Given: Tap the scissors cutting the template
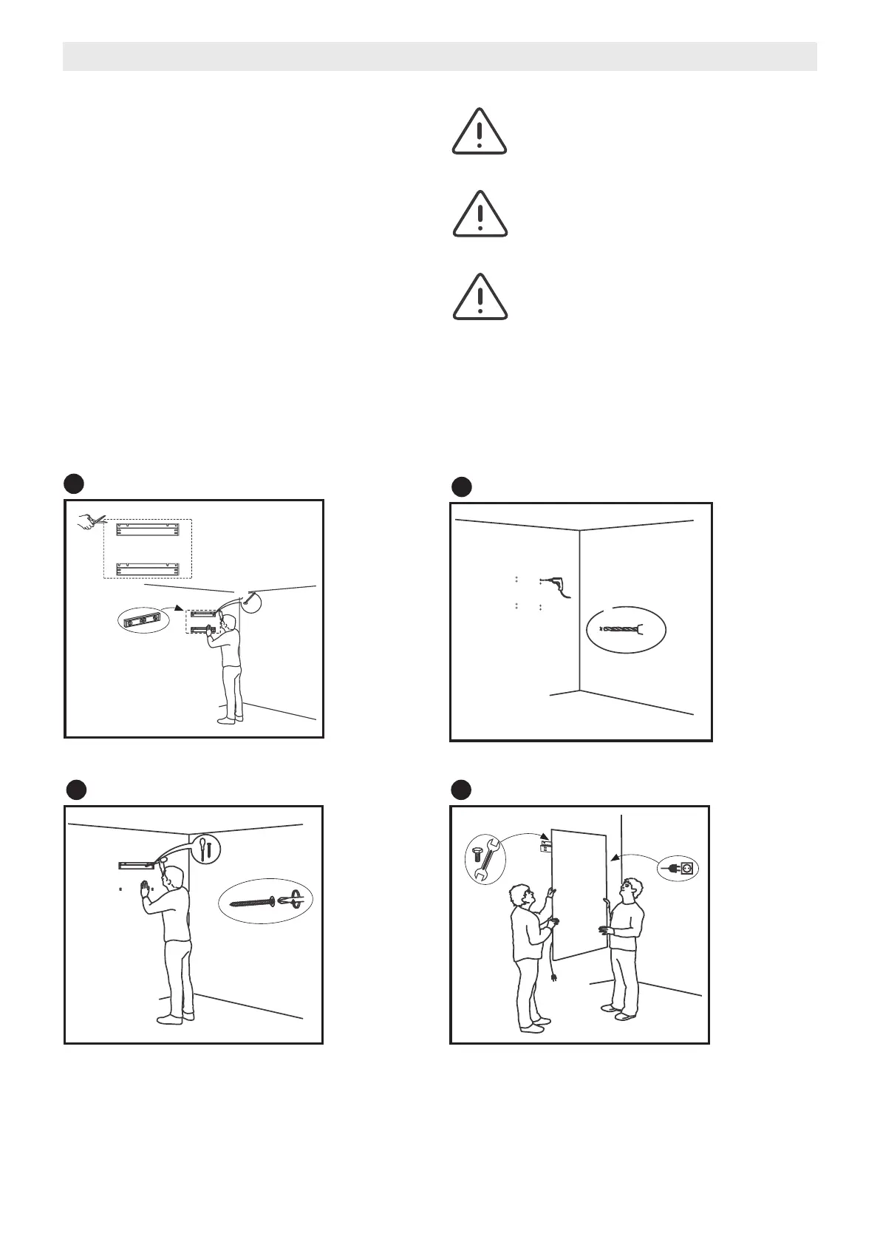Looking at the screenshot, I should [89, 523].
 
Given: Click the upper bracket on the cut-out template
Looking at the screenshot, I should [148, 529].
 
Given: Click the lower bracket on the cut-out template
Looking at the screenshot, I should [148, 569].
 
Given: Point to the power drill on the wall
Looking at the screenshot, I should [553, 583].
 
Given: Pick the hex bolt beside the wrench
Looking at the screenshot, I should [477, 856].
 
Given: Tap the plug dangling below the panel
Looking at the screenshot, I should [553, 975].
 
